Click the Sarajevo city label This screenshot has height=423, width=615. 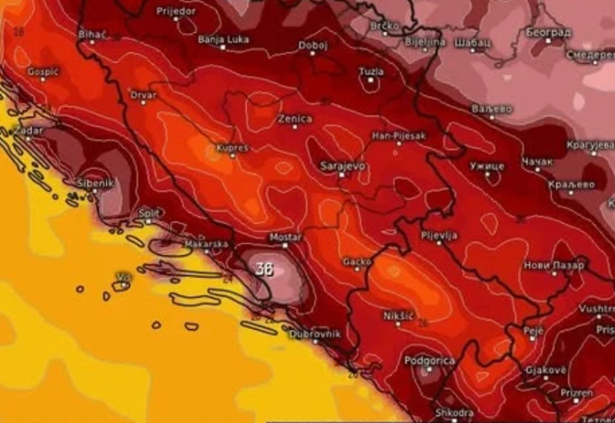point(343,165)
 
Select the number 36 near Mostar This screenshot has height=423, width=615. point(264,269)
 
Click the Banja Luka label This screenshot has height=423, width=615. point(221,38)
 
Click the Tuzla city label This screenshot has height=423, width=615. point(371,72)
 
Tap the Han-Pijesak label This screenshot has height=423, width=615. point(398,135)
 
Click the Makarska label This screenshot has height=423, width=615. point(206,245)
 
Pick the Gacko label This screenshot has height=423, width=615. point(357,261)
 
